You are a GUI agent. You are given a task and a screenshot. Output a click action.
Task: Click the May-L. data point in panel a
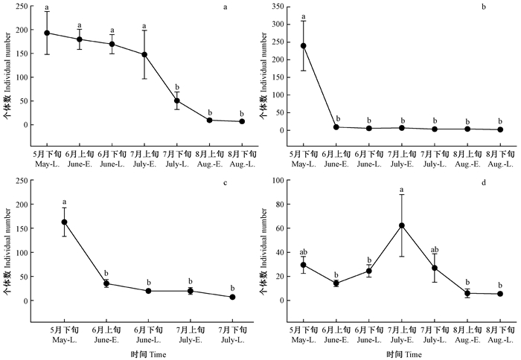point(47,33)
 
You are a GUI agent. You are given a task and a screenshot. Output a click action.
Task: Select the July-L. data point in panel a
point(177,100)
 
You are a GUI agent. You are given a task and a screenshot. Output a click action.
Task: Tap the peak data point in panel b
point(304,45)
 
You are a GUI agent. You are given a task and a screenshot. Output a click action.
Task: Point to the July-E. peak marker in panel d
point(403,225)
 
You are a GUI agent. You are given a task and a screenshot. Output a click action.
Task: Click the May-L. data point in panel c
point(64,222)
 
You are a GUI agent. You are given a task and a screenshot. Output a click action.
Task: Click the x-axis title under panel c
point(148,354)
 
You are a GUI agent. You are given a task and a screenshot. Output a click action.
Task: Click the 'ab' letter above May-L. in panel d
point(304,251)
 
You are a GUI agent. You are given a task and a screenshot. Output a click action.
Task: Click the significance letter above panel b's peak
point(304,16)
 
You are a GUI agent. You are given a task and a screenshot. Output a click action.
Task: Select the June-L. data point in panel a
point(112,44)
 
